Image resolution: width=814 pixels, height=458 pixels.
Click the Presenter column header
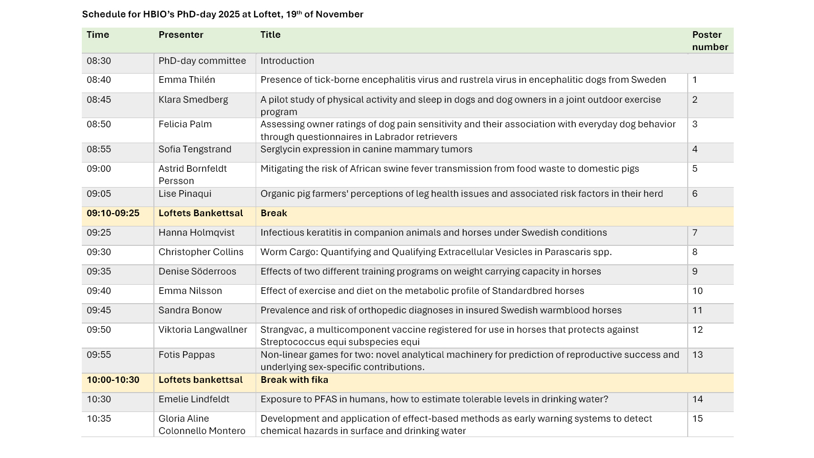tap(180, 35)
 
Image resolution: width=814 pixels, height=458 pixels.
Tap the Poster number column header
tap(710, 41)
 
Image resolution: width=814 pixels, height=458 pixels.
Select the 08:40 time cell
tap(99, 80)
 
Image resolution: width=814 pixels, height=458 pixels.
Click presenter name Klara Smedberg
tap(193, 100)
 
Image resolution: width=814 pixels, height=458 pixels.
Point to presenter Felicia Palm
tap(185, 124)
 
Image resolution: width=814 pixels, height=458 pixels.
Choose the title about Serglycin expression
tap(366, 149)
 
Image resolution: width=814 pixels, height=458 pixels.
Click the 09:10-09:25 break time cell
tap(113, 213)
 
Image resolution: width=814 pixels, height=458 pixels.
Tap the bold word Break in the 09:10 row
tap(274, 213)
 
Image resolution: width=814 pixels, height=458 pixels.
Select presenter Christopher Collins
tap(201, 252)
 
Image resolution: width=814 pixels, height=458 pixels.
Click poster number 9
tap(695, 271)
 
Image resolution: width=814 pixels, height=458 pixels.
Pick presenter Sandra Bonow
tap(190, 310)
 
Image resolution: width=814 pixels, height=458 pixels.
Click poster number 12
tap(697, 330)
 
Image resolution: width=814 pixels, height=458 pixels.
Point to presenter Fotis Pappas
tap(187, 355)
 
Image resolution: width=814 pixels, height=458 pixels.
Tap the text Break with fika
tap(294, 380)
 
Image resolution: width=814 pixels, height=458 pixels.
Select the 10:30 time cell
tap(99, 399)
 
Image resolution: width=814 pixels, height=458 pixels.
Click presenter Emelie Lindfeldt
tap(194, 399)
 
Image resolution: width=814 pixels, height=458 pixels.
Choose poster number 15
tap(697, 419)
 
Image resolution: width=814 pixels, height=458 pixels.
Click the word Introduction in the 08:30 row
tap(287, 61)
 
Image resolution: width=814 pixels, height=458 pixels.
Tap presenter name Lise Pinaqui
tap(185, 194)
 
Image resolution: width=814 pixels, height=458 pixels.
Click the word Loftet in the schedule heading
tap(267, 14)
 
